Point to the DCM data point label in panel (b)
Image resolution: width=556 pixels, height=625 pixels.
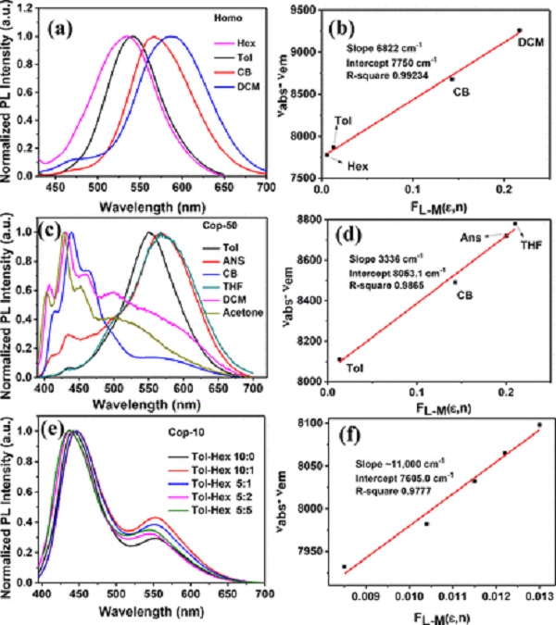pos(530,43)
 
